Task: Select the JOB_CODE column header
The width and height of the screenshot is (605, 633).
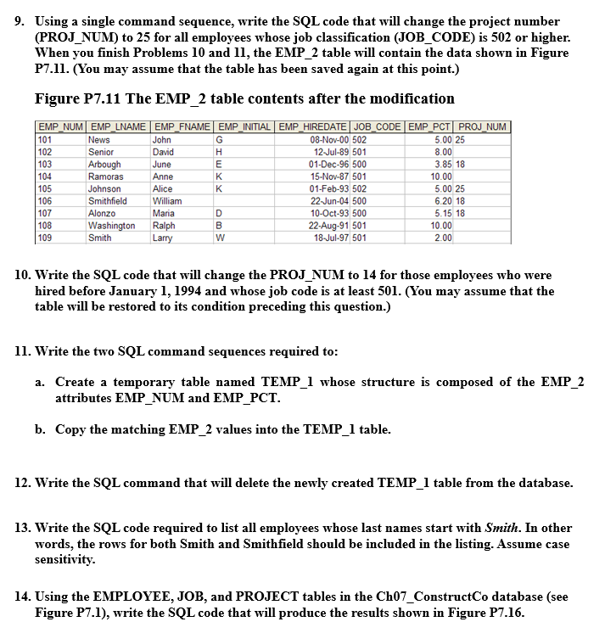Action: point(376,127)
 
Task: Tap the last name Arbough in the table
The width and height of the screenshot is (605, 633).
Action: point(105,165)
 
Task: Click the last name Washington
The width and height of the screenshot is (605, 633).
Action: point(112,227)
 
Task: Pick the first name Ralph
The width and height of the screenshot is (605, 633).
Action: point(165,227)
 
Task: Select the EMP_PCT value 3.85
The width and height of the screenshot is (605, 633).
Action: point(442,165)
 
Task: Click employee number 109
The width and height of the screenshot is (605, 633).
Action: point(46,238)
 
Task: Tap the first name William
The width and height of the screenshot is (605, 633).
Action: point(168,201)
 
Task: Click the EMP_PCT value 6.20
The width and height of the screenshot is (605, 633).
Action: point(442,201)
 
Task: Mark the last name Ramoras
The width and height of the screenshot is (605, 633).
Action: point(106,176)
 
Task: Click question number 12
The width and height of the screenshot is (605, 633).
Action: point(23,483)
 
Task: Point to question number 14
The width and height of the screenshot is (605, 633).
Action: point(23,593)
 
